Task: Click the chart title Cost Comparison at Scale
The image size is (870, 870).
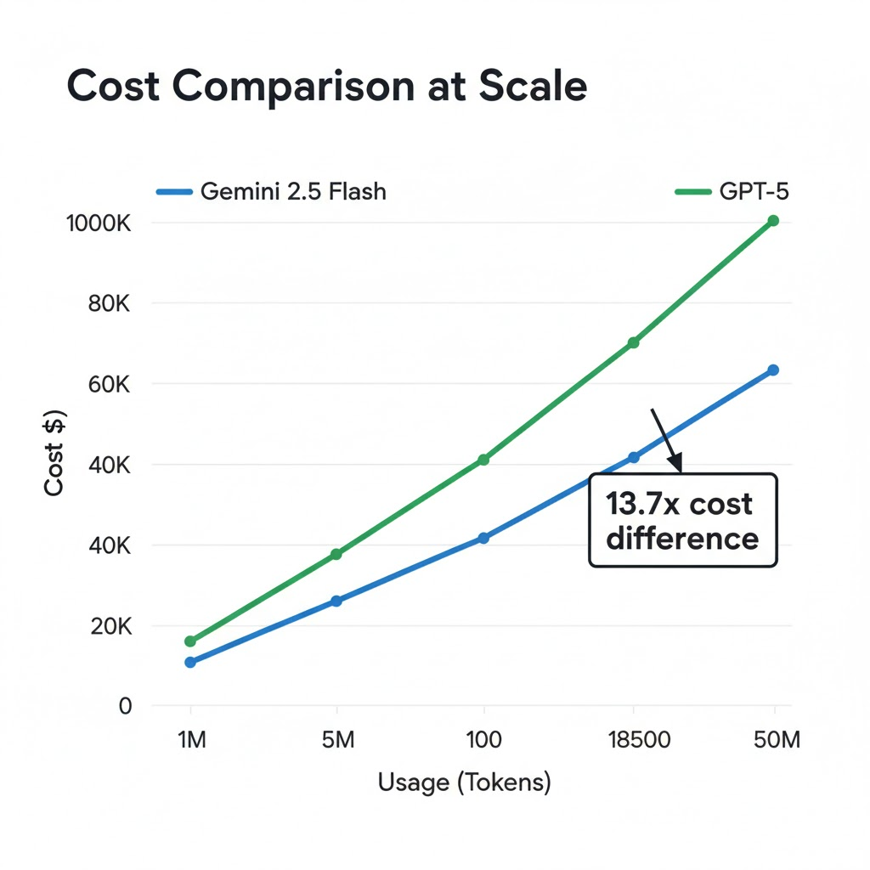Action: [326, 88]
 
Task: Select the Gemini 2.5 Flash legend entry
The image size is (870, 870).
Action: [271, 192]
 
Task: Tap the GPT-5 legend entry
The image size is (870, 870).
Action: [732, 192]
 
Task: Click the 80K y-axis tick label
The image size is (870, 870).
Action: [109, 303]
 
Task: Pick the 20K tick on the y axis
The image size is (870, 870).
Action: [109, 627]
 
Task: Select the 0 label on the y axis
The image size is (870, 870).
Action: [125, 706]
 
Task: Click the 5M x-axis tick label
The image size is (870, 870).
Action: [338, 740]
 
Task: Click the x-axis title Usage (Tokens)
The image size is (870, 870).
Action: [464, 782]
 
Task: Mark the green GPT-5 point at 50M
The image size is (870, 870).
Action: [773, 221]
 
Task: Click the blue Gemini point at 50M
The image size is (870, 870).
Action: [773, 370]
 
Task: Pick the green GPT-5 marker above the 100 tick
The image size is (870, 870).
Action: [484, 460]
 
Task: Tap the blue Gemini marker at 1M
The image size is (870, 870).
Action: [190, 662]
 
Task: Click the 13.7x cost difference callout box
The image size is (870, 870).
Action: [682, 520]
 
